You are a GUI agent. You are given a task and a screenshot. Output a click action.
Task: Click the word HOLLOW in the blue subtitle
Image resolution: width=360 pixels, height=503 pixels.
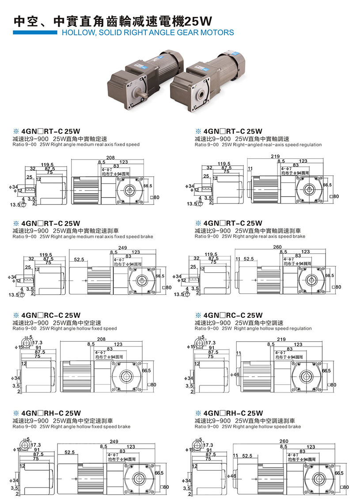point(75,32)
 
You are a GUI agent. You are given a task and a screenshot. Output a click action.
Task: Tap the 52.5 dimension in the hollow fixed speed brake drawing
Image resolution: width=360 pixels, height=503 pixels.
point(69,452)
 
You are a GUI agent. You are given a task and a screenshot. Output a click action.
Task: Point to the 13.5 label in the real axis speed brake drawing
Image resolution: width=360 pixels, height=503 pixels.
point(178,294)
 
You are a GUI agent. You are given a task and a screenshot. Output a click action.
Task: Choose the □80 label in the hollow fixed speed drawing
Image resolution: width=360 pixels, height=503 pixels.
point(152,385)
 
